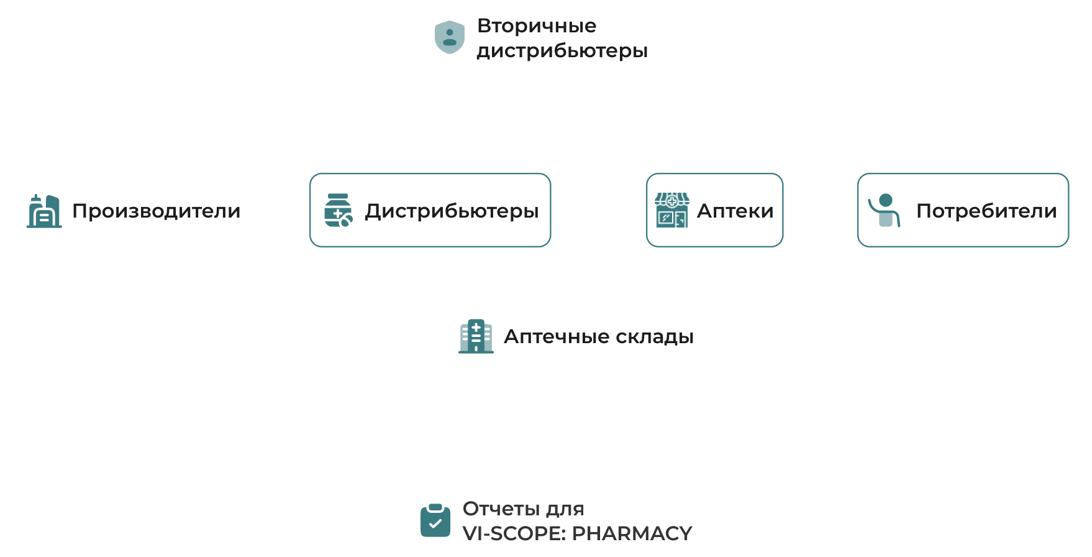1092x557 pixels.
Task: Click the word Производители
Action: tap(156, 211)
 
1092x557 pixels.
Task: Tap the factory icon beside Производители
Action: tap(44, 211)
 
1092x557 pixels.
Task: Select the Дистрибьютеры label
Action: tap(452, 211)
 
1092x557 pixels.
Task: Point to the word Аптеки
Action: tap(735, 211)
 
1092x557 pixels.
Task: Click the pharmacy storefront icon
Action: tap(672, 210)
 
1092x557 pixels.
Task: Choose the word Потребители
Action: tap(986, 211)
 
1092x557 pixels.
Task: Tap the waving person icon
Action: tap(885, 210)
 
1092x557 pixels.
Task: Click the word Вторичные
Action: tap(537, 25)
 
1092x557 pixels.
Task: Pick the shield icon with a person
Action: tap(450, 37)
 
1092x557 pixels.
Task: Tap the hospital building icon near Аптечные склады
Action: tap(476, 336)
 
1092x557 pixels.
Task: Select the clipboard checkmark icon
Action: tap(435, 520)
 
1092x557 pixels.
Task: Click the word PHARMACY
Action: tap(632, 533)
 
